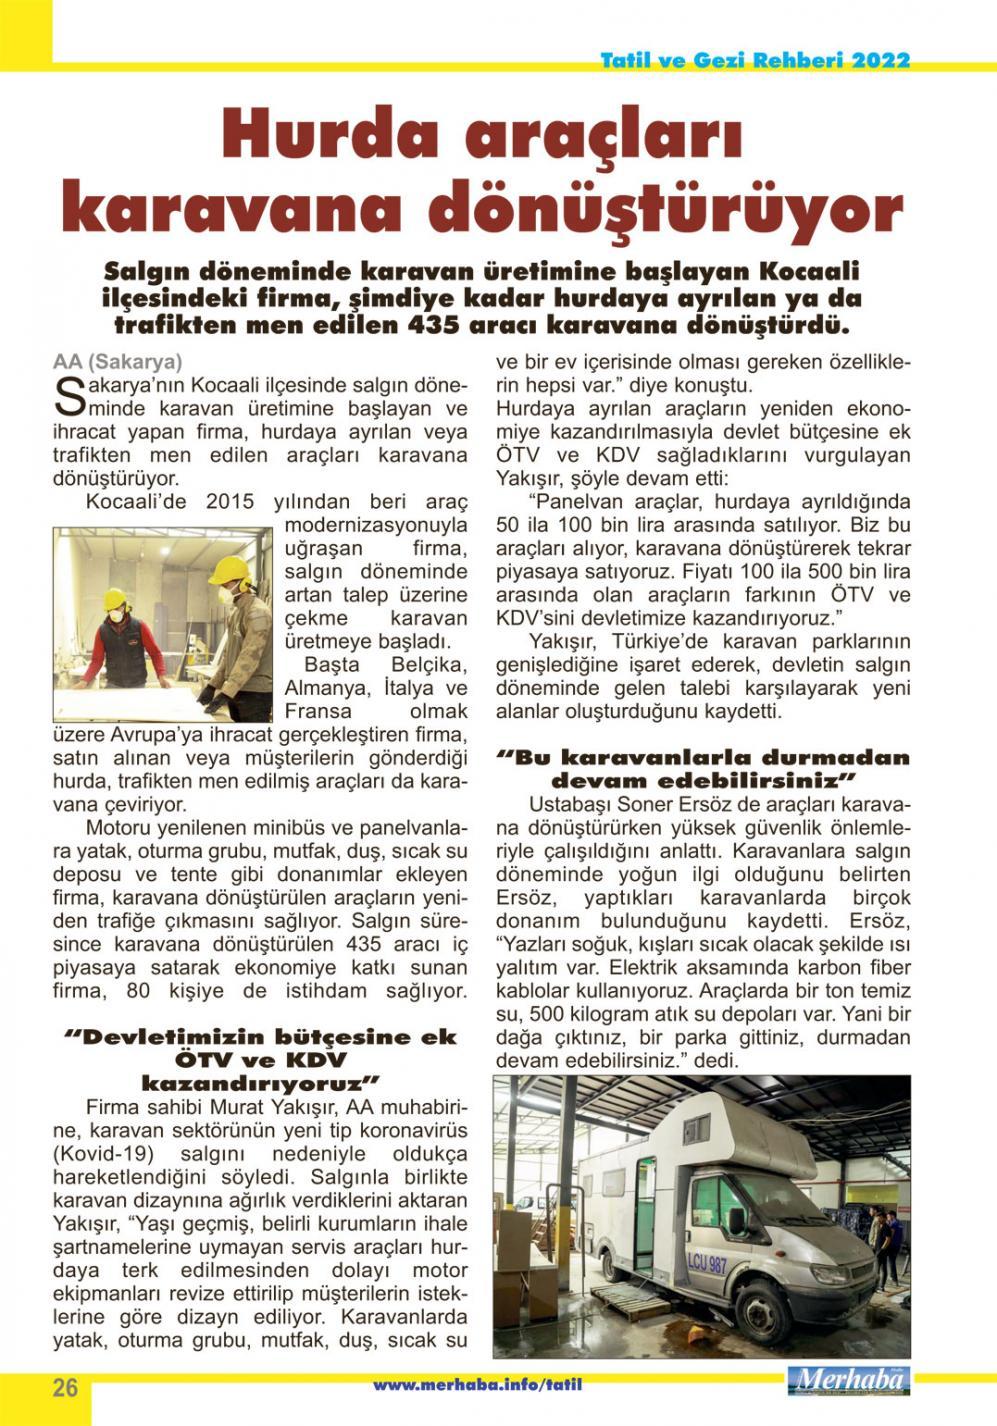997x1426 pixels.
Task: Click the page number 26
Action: pos(65,1388)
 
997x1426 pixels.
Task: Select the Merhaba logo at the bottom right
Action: pos(848,1381)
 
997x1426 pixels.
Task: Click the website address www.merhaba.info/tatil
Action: pos(477,1385)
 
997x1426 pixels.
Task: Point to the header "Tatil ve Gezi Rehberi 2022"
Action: pos(755,61)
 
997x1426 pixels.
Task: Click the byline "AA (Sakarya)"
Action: pos(117,362)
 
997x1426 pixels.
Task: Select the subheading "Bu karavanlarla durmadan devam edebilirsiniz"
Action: pos(703,768)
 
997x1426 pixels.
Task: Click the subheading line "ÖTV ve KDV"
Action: pos(260,1060)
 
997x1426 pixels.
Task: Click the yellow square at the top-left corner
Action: pos(26,30)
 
